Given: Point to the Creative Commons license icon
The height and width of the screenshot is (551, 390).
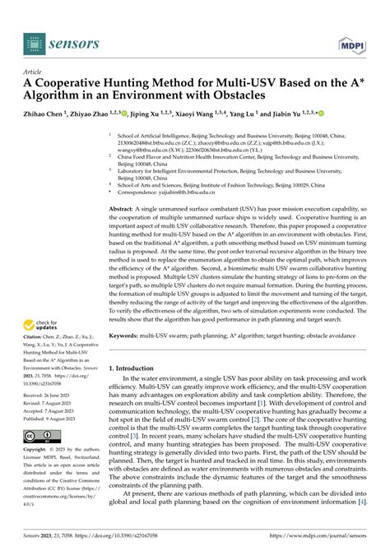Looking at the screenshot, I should coord(41,435).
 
